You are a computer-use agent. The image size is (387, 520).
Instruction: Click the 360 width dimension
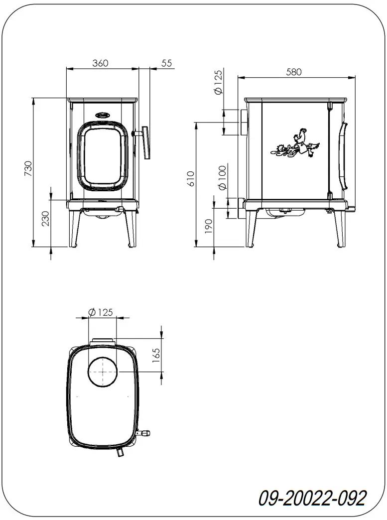100,63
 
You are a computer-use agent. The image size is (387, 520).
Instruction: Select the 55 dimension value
166,63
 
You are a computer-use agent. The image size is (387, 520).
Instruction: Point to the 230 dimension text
45,219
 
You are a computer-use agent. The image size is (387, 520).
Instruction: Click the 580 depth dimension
294,72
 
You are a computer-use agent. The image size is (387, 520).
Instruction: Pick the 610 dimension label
191,178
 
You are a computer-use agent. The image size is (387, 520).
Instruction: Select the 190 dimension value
209,226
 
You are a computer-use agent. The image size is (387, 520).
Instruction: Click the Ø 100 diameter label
222,177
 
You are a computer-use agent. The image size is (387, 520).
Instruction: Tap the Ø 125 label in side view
218,83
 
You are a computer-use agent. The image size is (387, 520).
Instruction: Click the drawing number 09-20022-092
312,498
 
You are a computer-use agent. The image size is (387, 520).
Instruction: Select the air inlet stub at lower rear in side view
242,203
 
